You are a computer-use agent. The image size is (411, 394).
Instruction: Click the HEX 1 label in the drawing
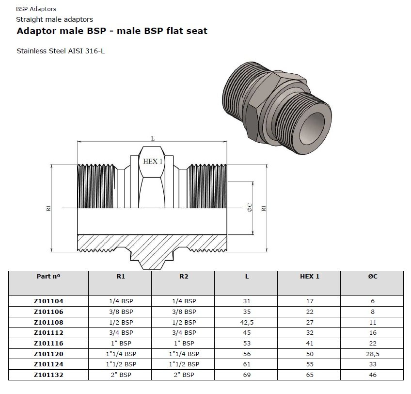click(x=153, y=162)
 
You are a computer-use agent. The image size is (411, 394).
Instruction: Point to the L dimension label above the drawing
click(x=153, y=139)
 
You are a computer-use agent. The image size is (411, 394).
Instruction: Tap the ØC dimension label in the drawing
click(x=250, y=207)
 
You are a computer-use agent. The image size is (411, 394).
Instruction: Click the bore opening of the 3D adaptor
click(x=312, y=129)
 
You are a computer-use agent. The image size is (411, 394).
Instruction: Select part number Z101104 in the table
click(x=48, y=301)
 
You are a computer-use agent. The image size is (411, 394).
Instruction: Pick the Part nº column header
click(x=48, y=276)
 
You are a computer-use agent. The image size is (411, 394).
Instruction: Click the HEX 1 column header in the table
click(x=310, y=276)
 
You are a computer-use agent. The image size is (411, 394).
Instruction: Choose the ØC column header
click(x=372, y=276)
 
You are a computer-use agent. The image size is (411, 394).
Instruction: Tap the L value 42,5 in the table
click(x=247, y=322)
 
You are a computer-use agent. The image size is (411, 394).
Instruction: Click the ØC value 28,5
click(x=372, y=354)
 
